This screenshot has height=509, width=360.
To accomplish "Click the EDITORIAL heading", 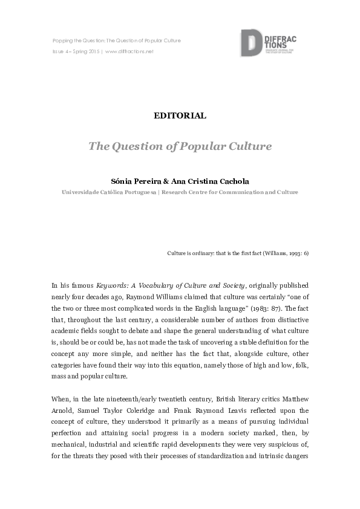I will [x=180, y=115].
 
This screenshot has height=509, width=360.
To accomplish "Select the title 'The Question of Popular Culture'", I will [x=180, y=146].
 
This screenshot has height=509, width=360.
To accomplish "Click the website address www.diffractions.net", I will [x=129, y=51].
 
